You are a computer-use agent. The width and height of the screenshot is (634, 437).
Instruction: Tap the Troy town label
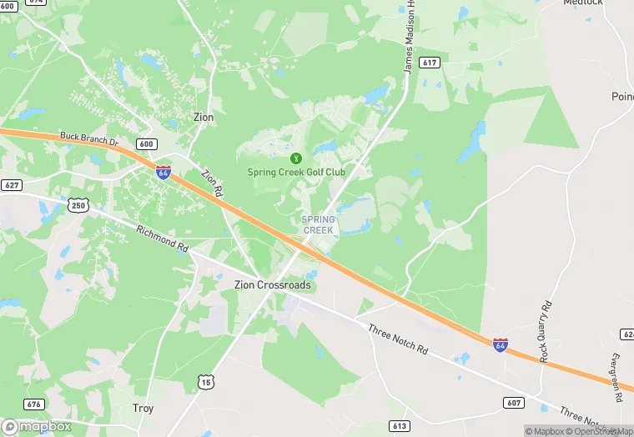coord(143,409)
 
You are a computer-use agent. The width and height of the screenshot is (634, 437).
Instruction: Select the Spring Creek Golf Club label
coord(296,173)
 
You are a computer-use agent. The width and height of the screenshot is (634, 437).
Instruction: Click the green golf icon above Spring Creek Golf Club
coord(294,158)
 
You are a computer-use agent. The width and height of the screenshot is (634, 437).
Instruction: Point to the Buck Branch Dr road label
coord(90,139)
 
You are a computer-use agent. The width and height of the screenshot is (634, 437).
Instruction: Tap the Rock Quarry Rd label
coord(546,330)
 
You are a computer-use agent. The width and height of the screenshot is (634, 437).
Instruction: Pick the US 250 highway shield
coord(78,204)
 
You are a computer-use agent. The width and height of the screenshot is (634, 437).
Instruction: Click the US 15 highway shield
coord(205,382)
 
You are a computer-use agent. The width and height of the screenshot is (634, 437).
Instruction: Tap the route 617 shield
coord(430,63)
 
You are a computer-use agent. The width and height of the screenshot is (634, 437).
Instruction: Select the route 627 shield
coord(12,184)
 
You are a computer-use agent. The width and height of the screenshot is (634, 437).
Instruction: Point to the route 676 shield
coord(33,404)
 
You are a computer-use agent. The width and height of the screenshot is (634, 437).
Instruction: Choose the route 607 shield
coord(514,403)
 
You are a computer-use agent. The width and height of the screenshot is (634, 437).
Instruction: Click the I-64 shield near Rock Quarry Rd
coord(499,344)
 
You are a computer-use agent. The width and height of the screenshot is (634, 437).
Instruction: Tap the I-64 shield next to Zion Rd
coord(164,173)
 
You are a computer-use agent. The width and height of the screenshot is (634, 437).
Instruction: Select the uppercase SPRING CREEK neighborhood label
coord(318,224)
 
